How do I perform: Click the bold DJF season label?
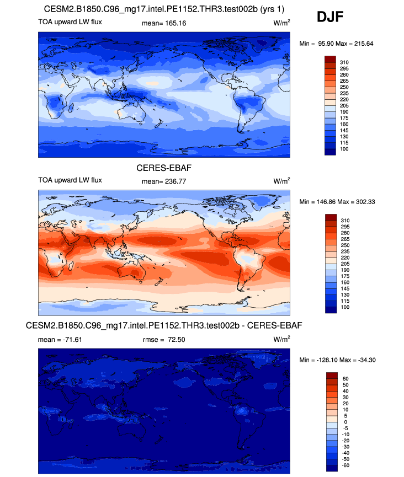click(330, 17)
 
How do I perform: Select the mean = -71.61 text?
click(60, 339)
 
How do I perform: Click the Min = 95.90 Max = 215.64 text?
click(337, 44)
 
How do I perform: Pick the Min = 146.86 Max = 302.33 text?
click(337, 202)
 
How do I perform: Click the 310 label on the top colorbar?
click(345, 62)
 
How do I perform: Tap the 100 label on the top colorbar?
click(345, 149)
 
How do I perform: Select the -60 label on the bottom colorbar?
click(345, 466)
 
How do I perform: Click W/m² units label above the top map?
click(281, 23)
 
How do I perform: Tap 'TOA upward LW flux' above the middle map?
click(70, 180)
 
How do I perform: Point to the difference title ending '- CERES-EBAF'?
click(164, 326)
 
